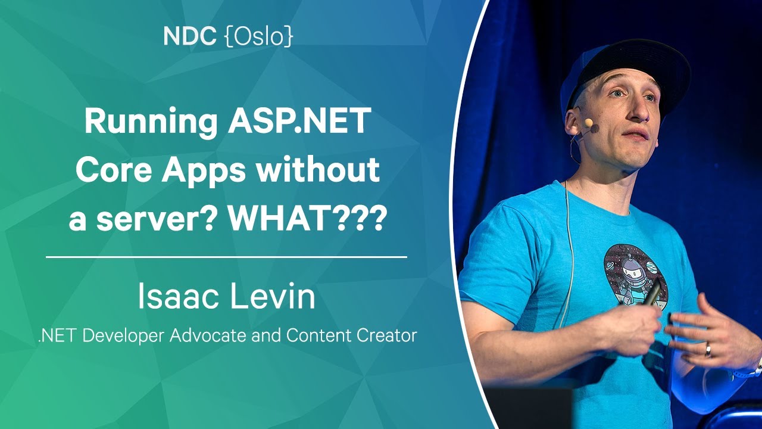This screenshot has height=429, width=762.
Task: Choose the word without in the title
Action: coord(317,169)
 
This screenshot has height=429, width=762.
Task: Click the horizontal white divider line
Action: coord(227,257)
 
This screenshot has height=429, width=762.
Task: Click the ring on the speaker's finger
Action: coord(708,349)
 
